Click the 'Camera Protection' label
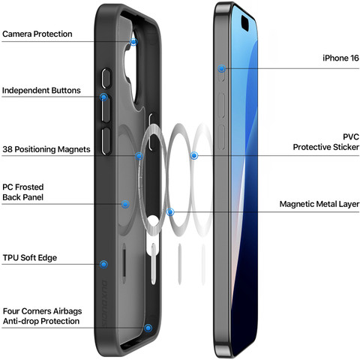37,34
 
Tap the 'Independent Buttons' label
41,90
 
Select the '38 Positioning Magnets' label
46,149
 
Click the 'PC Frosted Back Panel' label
23,192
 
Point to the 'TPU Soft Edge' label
30,258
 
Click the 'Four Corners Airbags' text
42,311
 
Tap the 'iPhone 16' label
340,58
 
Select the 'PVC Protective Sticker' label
326,142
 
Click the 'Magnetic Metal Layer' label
319,204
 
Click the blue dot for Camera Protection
133,42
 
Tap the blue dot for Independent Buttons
103,97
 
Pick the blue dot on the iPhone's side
221,68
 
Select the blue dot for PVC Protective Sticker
194,156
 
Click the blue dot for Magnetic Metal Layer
170,212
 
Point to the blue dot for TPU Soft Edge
103,264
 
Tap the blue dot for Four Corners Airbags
148,328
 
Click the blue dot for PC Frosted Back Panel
125,204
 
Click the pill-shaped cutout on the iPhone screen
245,23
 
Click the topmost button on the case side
106,78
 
